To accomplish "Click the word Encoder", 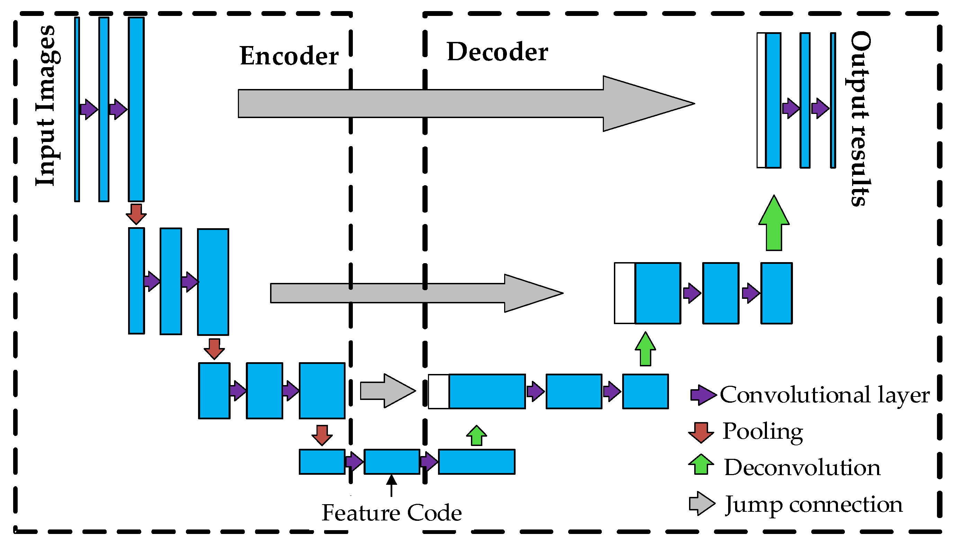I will (289, 56).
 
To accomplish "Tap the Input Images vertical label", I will (48, 106).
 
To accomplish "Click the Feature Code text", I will (392, 512).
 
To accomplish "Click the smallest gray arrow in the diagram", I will (387, 391).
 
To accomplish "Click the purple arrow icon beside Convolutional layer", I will (702, 395).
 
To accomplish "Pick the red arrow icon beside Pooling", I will (701, 432).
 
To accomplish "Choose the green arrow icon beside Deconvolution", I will (701, 464).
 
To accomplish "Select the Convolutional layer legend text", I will (824, 395).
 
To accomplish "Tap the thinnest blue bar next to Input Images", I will (77, 109).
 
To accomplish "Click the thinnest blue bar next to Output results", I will (833, 100).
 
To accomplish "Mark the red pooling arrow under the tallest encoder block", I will (136, 214).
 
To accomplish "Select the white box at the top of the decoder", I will (761, 100).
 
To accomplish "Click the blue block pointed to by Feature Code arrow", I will (392, 462).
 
